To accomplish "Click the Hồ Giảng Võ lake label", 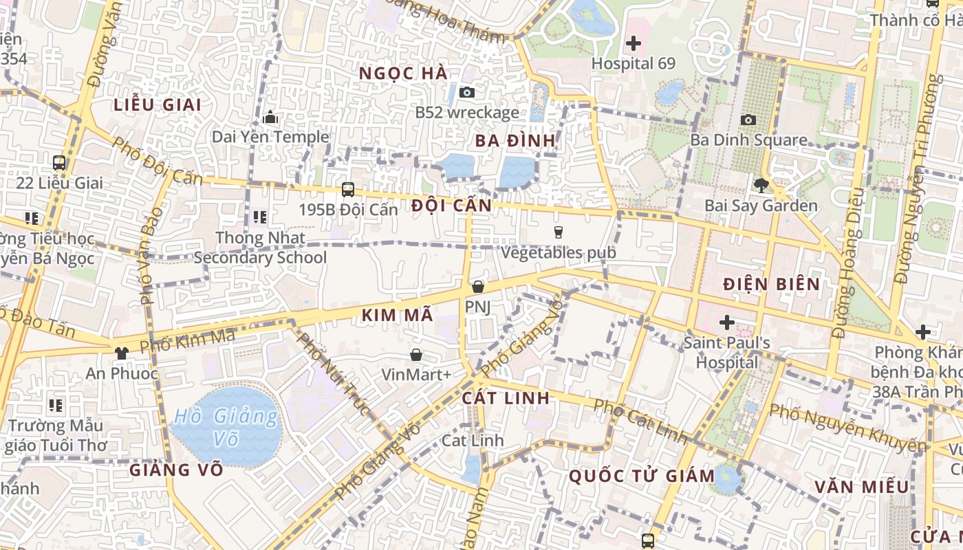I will point(226,426).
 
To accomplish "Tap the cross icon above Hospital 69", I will point(634,43).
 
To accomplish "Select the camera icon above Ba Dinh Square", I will point(748,120).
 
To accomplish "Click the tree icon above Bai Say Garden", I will point(761,184).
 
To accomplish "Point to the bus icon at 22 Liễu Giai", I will point(59,163).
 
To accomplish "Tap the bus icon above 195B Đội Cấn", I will point(348,189).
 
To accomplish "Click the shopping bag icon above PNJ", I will point(478,287).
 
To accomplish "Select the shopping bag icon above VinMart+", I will point(416,355).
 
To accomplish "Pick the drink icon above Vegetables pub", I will point(558,232).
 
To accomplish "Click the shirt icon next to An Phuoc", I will point(122,353).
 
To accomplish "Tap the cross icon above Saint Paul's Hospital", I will point(726,322).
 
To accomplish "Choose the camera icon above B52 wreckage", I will point(467,92).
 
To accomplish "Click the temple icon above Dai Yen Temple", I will point(270,117).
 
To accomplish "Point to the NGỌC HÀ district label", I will point(403,74).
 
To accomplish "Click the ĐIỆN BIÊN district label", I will point(771,284).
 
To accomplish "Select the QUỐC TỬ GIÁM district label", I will point(642,476).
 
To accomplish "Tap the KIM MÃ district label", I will point(397,316).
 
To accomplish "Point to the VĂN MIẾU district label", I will point(861,487).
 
